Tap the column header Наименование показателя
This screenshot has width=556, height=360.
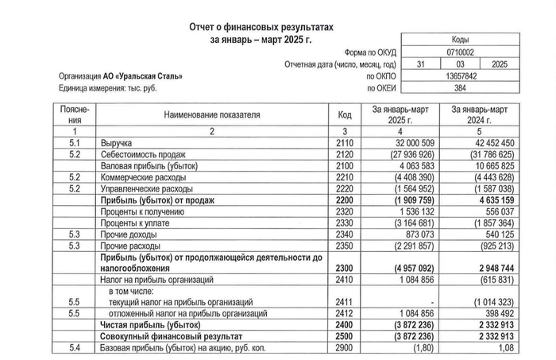coord(212,114)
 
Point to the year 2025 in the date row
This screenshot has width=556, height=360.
coord(499,64)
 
